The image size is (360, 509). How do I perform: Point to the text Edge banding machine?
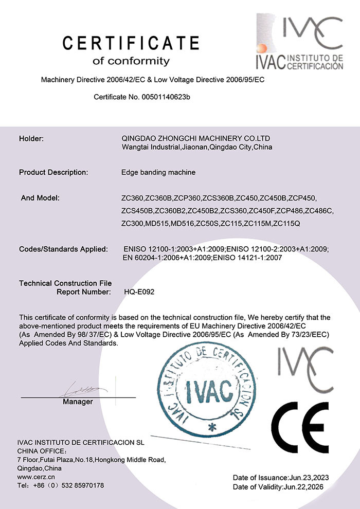coord(158,172)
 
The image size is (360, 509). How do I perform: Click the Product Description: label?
coord(53,172)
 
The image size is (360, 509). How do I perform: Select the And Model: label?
coord(41,197)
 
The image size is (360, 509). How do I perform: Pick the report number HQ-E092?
coord(139,292)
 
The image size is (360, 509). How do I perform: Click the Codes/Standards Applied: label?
coord(63,249)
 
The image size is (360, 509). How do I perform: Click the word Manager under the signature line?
coord(78,402)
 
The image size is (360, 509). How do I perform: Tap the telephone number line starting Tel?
coord(61,485)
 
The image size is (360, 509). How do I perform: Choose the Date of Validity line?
coord(278,486)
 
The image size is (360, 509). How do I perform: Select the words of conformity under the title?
coord(131,62)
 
